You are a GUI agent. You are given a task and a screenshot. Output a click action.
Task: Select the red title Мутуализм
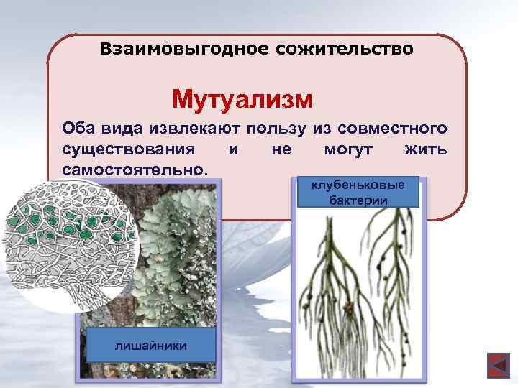[x=242, y=97]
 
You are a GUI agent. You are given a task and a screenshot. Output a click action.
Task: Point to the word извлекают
[x=195, y=129]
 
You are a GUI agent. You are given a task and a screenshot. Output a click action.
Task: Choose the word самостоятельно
[x=135, y=170]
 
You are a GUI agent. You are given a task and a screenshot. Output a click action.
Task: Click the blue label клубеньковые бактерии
[x=358, y=192]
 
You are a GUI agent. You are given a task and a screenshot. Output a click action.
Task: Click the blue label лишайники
[x=150, y=346]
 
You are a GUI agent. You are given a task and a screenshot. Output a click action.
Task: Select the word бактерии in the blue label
[x=358, y=199]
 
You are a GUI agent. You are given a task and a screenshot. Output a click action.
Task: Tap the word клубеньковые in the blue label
[x=358, y=185]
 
